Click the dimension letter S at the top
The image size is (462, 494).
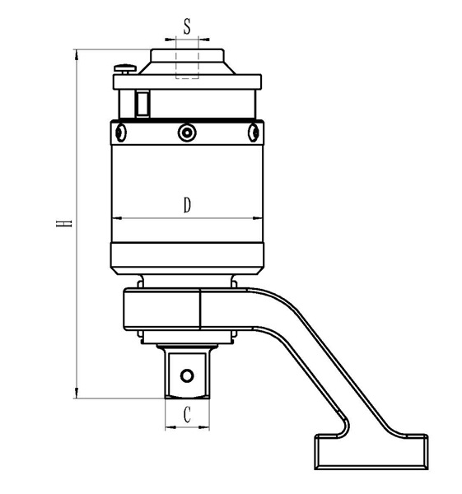click(187, 26)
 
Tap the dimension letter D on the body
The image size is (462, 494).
click(187, 205)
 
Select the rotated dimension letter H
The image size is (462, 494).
click(64, 223)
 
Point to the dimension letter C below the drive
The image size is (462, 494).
click(187, 415)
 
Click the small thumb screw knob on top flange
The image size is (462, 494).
click(125, 69)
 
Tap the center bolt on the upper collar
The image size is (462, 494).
click(187, 133)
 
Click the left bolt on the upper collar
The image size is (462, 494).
click(120, 133)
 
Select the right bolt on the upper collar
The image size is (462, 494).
click(254, 133)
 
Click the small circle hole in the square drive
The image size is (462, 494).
click(187, 375)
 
